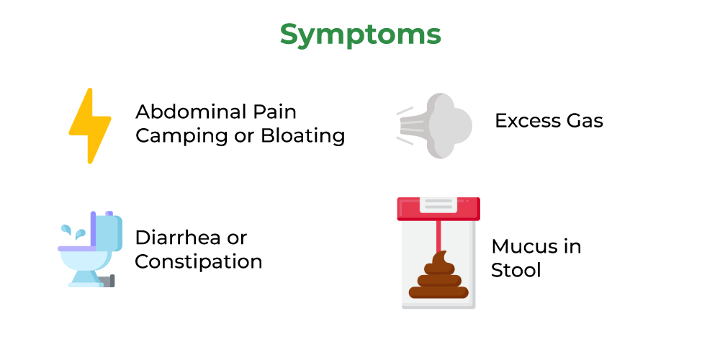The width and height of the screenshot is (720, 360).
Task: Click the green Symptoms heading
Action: [x=361, y=35]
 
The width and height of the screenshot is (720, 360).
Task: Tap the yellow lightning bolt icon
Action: [x=91, y=125]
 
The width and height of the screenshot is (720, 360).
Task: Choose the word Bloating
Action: [x=303, y=136]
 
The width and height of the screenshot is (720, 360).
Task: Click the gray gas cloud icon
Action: [x=434, y=125]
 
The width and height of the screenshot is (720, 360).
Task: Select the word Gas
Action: [x=584, y=121]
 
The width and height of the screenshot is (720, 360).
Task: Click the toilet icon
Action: [x=91, y=249]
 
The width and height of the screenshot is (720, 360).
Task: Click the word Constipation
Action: [x=199, y=262]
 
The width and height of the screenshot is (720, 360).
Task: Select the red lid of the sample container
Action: [x=438, y=209]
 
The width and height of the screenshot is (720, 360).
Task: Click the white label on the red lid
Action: [x=438, y=204]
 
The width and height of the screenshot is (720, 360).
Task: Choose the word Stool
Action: [x=516, y=270]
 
